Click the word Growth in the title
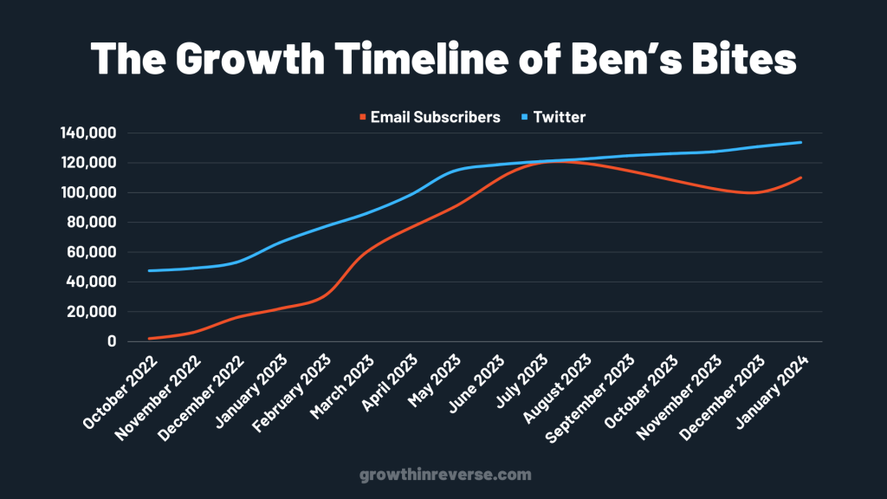[x=250, y=58]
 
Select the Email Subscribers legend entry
[x=430, y=117]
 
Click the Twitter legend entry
[x=554, y=117]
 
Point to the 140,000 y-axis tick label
[x=88, y=133]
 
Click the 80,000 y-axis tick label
[x=92, y=223]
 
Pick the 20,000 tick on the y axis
[x=92, y=312]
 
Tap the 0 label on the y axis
[x=112, y=341]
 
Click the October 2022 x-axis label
[x=120, y=392]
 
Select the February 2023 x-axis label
[x=292, y=393]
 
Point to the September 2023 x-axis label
[x=590, y=399]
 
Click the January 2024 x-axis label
[x=773, y=392]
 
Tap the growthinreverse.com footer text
[x=446, y=474]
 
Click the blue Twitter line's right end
[x=801, y=142]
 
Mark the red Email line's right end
[x=801, y=178]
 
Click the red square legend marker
[x=363, y=117]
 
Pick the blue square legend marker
[x=524, y=117]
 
